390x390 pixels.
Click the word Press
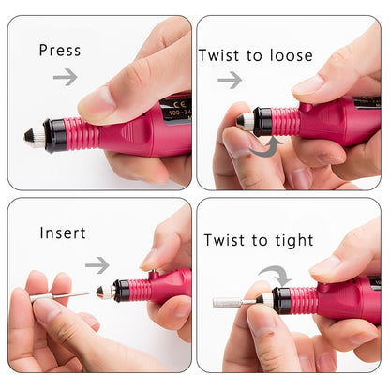tap(60, 51)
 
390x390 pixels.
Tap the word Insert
tap(64, 232)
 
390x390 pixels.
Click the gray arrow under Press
tap(65, 77)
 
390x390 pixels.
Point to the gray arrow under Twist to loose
tap(230, 81)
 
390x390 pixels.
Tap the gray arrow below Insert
tap(97, 265)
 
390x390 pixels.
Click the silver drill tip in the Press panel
tap(33, 138)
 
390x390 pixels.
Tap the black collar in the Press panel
tap(54, 136)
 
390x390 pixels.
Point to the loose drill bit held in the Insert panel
tap(58, 297)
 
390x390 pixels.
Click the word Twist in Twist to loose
tap(219, 55)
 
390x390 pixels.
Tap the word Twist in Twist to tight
tap(225, 240)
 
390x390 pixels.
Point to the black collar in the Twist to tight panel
tap(280, 300)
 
